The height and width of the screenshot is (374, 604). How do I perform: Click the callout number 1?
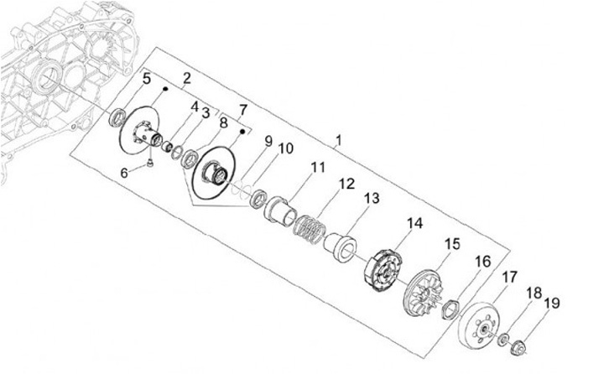[x=338, y=142]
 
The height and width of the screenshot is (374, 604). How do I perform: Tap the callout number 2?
[x=186, y=79]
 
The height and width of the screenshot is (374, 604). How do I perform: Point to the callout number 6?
[x=125, y=173]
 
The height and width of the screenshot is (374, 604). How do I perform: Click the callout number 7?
[x=243, y=110]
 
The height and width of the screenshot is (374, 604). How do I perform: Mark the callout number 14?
[x=414, y=224]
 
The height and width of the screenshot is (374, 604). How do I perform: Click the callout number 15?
[x=452, y=244]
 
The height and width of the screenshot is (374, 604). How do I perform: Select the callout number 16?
[x=482, y=262]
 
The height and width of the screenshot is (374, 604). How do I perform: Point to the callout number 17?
[x=509, y=277]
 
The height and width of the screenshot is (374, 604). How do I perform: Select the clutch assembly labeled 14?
[x=383, y=269]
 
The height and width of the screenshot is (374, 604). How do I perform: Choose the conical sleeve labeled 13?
[x=341, y=243]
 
